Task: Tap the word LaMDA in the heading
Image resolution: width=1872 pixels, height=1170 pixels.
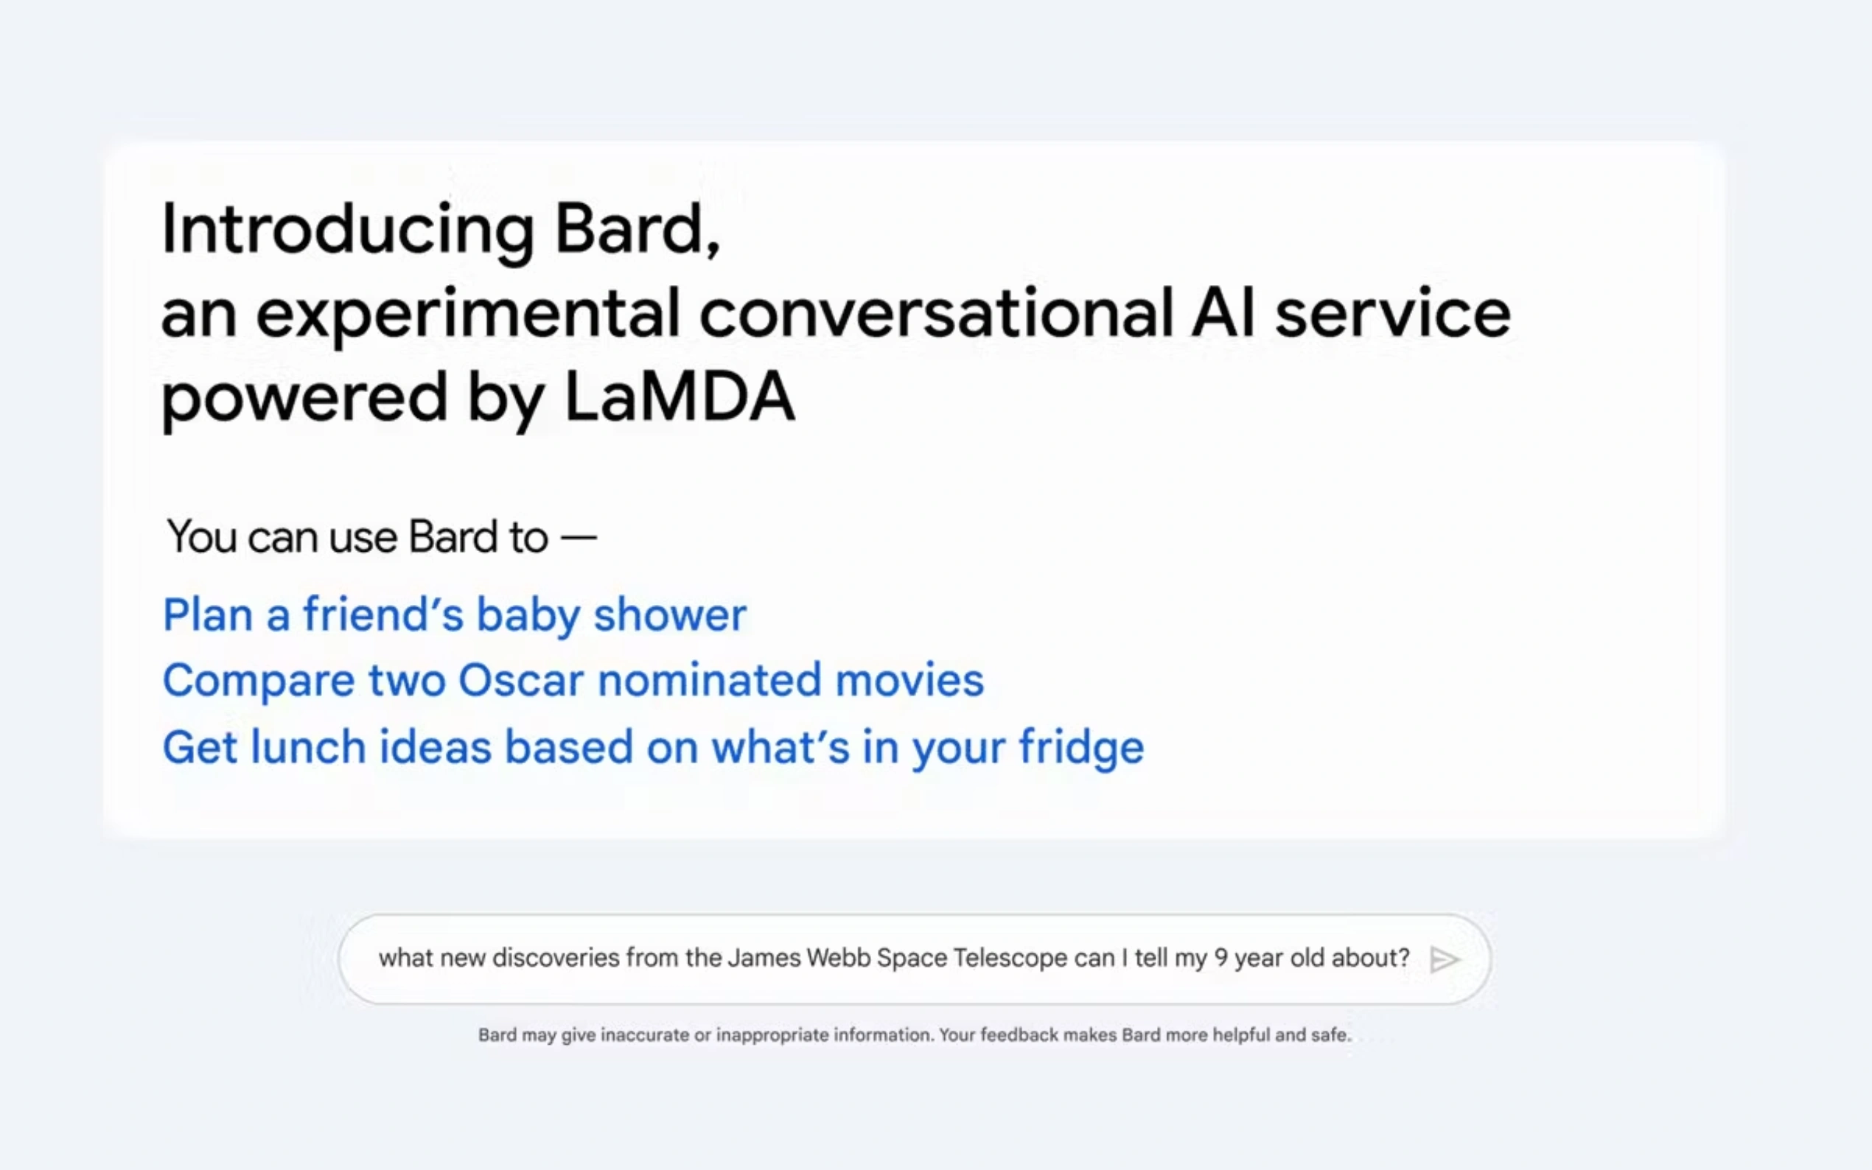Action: coord(680,397)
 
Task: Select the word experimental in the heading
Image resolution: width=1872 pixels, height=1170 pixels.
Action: coord(467,313)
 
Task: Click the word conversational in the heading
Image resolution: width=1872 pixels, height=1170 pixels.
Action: coord(937,313)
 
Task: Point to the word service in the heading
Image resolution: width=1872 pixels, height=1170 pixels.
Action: coord(1392,313)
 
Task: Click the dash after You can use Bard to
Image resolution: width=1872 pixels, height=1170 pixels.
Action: coord(579,537)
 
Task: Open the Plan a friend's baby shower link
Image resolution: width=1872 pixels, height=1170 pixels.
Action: coord(454,615)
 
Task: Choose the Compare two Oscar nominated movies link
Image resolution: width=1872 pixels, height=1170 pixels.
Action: coord(573,681)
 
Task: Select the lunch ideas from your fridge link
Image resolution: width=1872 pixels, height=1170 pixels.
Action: coord(652,748)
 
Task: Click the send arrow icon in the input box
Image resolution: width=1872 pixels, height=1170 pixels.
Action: coord(1444,959)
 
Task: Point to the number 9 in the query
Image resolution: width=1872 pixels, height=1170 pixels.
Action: coord(1221,958)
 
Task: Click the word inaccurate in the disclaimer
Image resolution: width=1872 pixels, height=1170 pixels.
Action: coord(645,1035)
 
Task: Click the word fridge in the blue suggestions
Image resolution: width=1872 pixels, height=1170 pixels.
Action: coord(1080,748)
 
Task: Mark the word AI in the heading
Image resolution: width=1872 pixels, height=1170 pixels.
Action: coord(1223,313)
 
